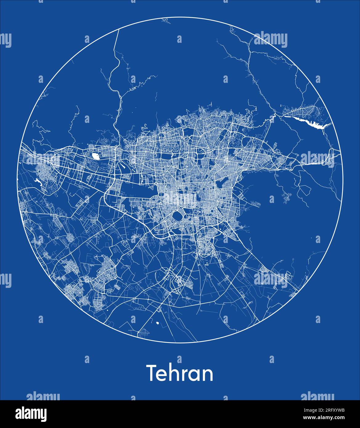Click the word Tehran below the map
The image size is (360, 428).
[180, 373]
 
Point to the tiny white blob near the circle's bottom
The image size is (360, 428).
[157, 323]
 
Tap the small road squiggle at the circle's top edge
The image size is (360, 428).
[166, 21]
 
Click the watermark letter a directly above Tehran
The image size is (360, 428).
[180, 359]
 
